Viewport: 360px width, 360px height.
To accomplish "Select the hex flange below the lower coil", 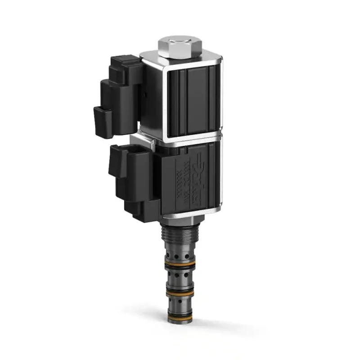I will click(179, 221).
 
